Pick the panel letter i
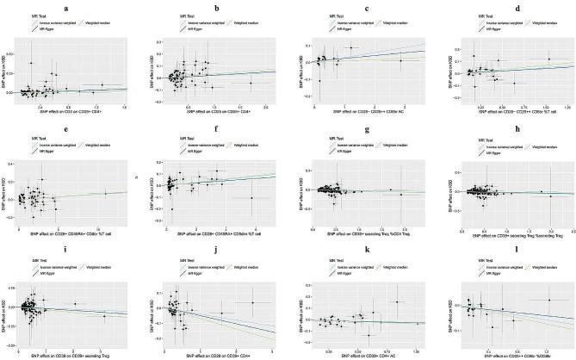tap(76, 252)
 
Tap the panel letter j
tap(220, 252)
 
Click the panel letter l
tap(508, 252)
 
